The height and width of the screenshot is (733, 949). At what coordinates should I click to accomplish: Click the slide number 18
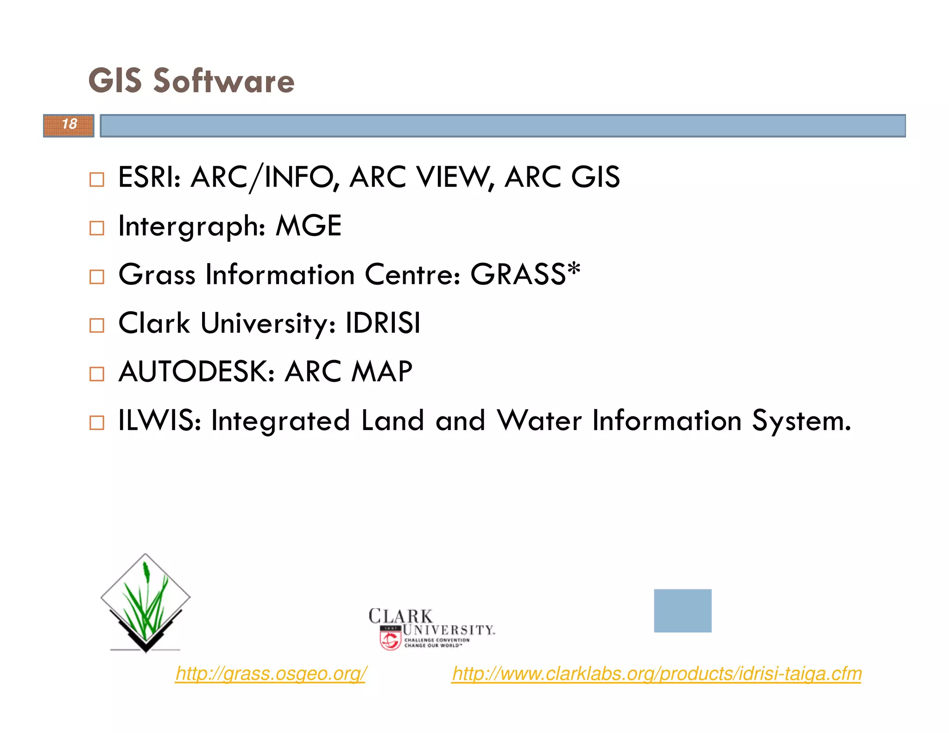(x=70, y=124)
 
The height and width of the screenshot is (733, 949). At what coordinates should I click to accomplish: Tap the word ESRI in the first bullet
(x=149, y=177)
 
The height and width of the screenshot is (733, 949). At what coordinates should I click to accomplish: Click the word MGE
(x=309, y=226)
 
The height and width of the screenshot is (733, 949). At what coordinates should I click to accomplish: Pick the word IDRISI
(x=383, y=323)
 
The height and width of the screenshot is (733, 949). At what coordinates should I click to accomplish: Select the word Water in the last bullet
(x=539, y=421)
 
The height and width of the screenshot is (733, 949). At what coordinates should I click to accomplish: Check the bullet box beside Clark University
(x=96, y=325)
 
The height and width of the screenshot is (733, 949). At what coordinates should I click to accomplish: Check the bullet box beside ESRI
(x=96, y=179)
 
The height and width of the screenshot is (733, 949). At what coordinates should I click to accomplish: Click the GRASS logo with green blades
(x=146, y=602)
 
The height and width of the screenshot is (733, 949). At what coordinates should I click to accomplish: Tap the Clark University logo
(x=431, y=628)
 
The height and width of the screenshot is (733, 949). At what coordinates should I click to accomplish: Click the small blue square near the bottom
(x=683, y=611)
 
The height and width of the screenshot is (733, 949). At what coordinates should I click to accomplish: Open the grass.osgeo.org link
(x=271, y=674)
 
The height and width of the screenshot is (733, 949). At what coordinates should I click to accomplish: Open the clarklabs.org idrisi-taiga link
(x=657, y=674)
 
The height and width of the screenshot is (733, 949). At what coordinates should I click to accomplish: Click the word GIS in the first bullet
(x=595, y=177)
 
